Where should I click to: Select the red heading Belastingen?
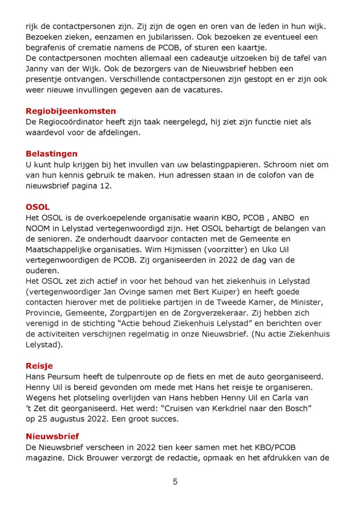(52, 154)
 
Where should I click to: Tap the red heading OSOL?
(38, 207)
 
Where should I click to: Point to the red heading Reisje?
(39, 366)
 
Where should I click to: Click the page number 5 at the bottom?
(175, 482)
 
